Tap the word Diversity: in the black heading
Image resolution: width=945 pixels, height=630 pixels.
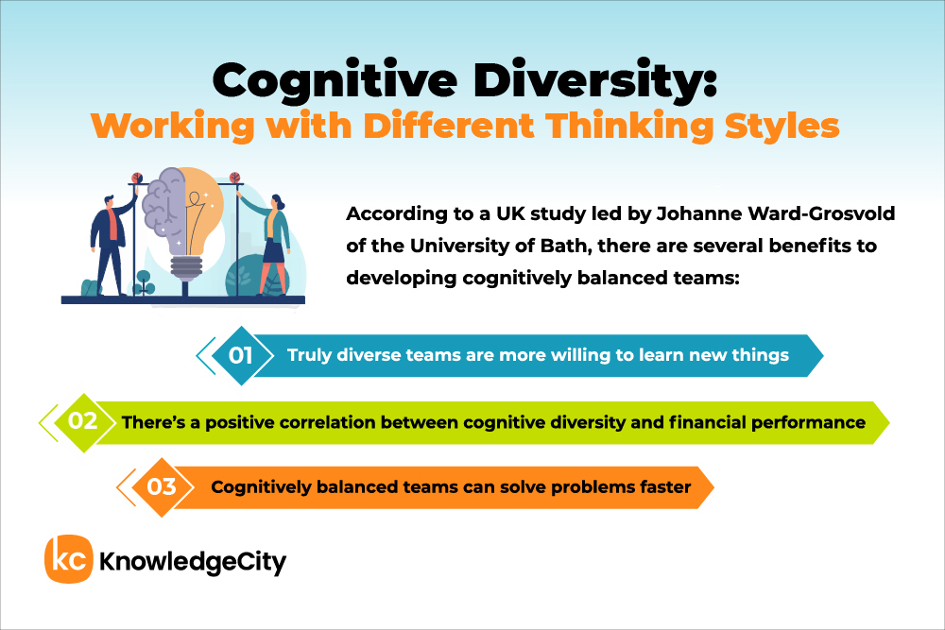tap(595, 79)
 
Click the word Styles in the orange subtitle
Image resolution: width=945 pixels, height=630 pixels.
tap(782, 127)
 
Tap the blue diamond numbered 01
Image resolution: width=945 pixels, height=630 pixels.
tap(242, 355)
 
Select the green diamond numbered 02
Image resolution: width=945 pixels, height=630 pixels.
tap(84, 422)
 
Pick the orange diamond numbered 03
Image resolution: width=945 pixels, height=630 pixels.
tap(163, 486)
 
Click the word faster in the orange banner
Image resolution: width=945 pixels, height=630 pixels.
tap(665, 486)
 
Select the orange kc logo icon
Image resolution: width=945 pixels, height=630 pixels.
tap(69, 559)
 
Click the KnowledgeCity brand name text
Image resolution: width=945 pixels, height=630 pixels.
tap(192, 562)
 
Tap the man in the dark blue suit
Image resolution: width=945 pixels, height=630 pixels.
tap(112, 244)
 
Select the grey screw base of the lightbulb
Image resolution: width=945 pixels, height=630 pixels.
tap(186, 268)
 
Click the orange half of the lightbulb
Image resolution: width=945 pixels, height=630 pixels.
tap(204, 208)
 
